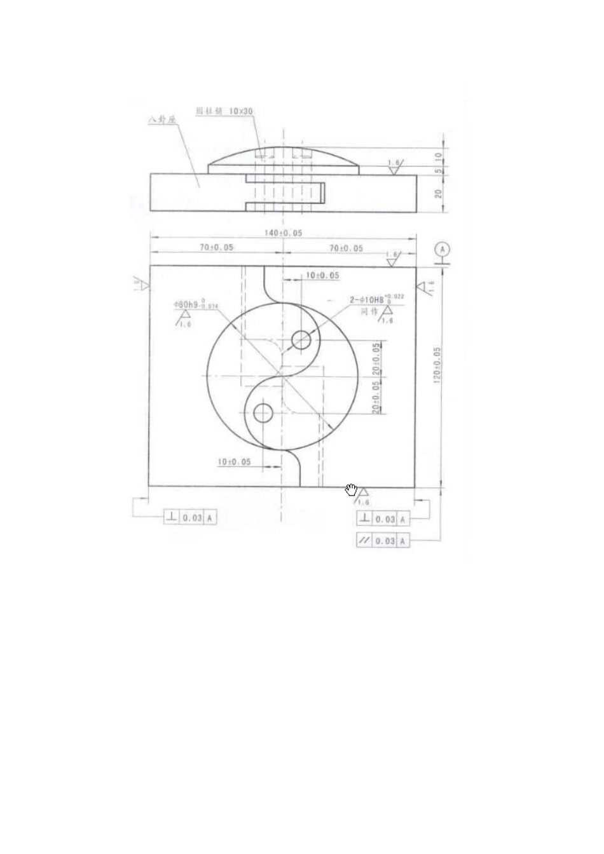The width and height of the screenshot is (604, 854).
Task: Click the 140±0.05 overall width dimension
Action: (x=282, y=233)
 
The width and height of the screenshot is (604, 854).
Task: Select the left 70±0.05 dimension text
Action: (x=216, y=247)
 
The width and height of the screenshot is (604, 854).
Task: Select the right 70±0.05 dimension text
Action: (x=346, y=248)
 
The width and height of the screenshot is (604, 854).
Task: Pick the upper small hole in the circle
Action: (x=301, y=340)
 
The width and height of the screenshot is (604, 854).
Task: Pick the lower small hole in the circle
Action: (x=263, y=413)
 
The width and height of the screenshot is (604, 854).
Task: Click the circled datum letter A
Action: (x=443, y=249)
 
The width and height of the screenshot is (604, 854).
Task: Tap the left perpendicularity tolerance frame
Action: (x=190, y=517)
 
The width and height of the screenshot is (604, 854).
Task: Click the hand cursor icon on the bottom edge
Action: (x=351, y=489)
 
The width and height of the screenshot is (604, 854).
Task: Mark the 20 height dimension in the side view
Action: (x=438, y=193)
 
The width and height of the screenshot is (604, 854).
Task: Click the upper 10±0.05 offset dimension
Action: (x=322, y=276)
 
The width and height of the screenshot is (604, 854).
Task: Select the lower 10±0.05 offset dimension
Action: (x=234, y=462)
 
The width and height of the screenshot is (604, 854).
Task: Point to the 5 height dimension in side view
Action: (x=438, y=170)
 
